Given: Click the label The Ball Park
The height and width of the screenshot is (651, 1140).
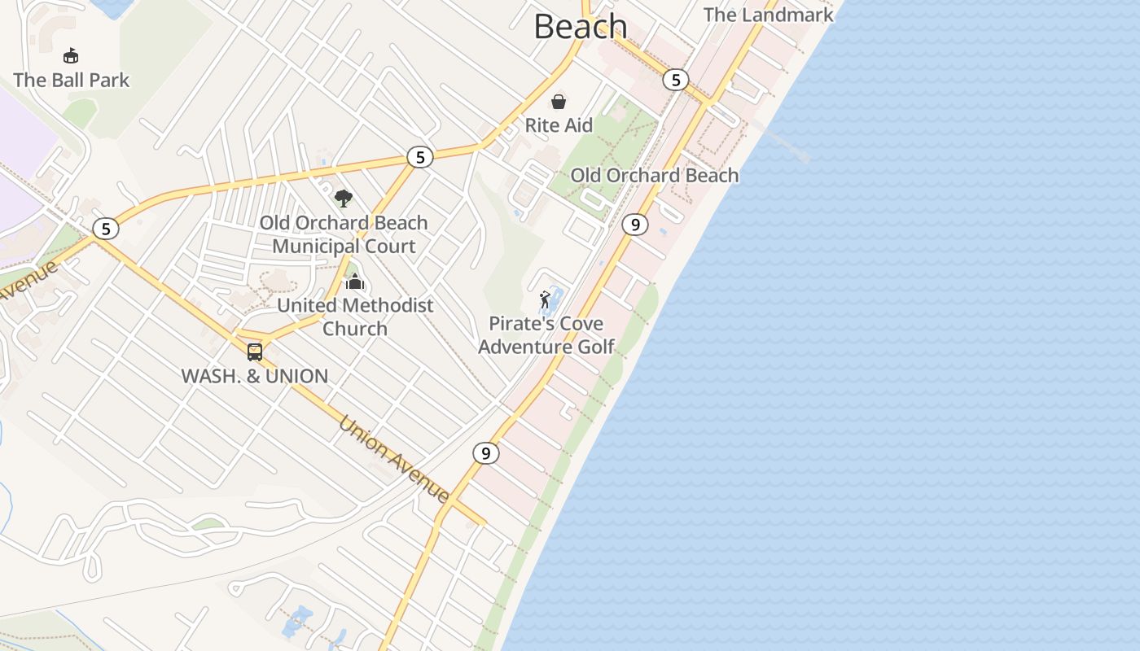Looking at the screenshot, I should pyautogui.click(x=72, y=80).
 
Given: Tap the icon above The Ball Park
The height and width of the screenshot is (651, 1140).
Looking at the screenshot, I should pyautogui.click(x=71, y=55).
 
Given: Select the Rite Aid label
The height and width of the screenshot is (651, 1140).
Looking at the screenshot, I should pyautogui.click(x=559, y=125).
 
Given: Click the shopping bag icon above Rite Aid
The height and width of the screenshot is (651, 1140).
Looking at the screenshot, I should pyautogui.click(x=559, y=102).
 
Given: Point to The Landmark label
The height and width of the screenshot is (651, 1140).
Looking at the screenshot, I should pyautogui.click(x=768, y=15).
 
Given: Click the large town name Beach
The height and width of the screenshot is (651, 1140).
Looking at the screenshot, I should pyautogui.click(x=581, y=26).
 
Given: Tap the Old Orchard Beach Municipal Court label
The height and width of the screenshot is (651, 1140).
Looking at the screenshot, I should pyautogui.click(x=344, y=234).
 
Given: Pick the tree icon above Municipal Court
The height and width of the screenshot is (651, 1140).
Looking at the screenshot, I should pyautogui.click(x=344, y=198).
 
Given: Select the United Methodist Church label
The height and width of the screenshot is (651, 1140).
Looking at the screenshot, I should pyautogui.click(x=355, y=317).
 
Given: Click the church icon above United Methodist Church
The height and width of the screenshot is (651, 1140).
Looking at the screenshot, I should pyautogui.click(x=355, y=282).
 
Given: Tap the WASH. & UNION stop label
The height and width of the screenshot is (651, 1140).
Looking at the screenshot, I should pyautogui.click(x=254, y=376).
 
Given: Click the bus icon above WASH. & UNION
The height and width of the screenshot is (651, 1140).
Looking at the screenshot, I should pyautogui.click(x=255, y=352).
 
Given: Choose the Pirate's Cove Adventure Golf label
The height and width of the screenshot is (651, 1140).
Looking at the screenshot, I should pyautogui.click(x=546, y=335).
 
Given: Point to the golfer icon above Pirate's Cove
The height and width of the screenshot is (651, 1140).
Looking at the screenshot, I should pyautogui.click(x=546, y=299).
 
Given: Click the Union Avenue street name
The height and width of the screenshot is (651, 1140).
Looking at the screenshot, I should pyautogui.click(x=394, y=459).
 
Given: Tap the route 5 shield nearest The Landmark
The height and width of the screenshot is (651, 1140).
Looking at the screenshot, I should pyautogui.click(x=675, y=80).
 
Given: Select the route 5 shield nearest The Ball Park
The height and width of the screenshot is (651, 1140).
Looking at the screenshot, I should pyautogui.click(x=105, y=229).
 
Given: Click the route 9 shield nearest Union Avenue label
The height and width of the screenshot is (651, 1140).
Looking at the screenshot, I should pyautogui.click(x=485, y=452).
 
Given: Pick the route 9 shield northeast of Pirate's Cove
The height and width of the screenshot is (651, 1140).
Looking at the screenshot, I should pyautogui.click(x=634, y=224).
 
